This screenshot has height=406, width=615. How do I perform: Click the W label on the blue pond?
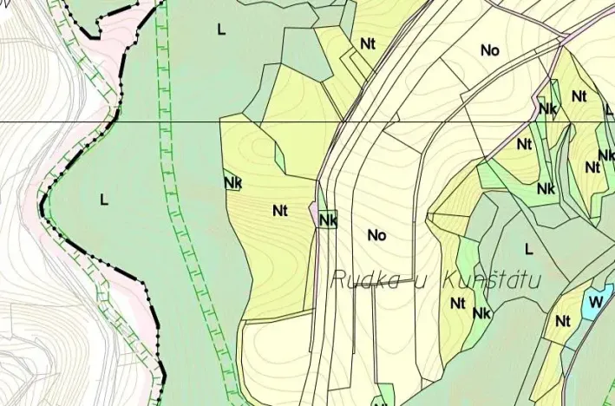coord(594,302)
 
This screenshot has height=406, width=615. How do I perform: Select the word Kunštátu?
coord(491,280)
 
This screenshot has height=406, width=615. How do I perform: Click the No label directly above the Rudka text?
coord(376,235)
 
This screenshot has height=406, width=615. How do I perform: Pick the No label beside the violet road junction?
coord(490,50)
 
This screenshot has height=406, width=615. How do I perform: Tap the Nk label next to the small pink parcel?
coord(327,220)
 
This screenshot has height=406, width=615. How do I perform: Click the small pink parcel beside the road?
coord(314,213)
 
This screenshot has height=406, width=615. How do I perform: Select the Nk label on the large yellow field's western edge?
coord(232,182)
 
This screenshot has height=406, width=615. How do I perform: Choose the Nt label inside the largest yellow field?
coord(279,210)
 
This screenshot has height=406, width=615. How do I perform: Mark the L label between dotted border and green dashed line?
coord(104,200)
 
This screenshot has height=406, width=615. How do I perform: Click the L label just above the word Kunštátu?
coord(528,249)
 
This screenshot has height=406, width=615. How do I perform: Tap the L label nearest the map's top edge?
coord(221,29)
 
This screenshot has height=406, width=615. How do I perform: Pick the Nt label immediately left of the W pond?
coord(562,321)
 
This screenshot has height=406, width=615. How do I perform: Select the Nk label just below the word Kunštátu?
coord(482,312)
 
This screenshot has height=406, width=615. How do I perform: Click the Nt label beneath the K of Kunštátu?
coord(458,304)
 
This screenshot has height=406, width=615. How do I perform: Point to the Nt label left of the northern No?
coord(368,43)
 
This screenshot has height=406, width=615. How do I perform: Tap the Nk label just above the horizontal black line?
coord(546,109)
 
